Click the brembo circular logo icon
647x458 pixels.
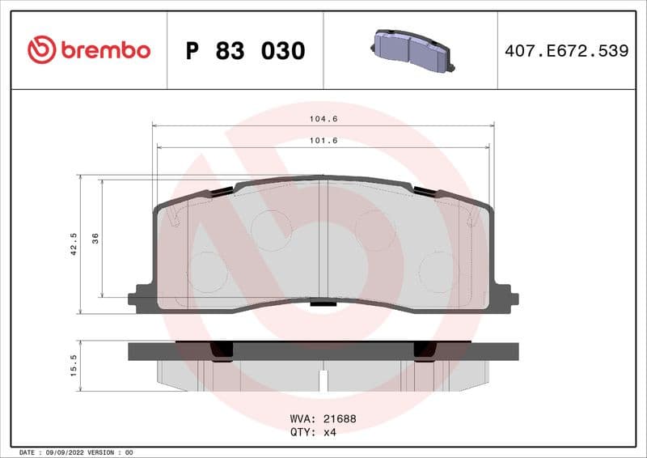[x=41, y=50]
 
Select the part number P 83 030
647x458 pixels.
[x=245, y=51]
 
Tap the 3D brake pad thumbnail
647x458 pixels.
[x=410, y=51]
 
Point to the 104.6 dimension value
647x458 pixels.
[x=323, y=119]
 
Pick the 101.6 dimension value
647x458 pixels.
[x=323, y=141]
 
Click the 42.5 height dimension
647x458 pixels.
[x=74, y=244]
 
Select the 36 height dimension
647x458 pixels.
[x=95, y=238]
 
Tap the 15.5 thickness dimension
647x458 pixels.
[x=74, y=366]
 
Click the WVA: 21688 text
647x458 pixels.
[x=323, y=420]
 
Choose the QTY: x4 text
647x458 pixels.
[x=312, y=432]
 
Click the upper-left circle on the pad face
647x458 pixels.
[x=271, y=230]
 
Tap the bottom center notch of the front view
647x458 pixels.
[x=323, y=304]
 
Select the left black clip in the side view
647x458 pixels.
[x=221, y=350]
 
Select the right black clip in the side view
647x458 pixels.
[x=425, y=350]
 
